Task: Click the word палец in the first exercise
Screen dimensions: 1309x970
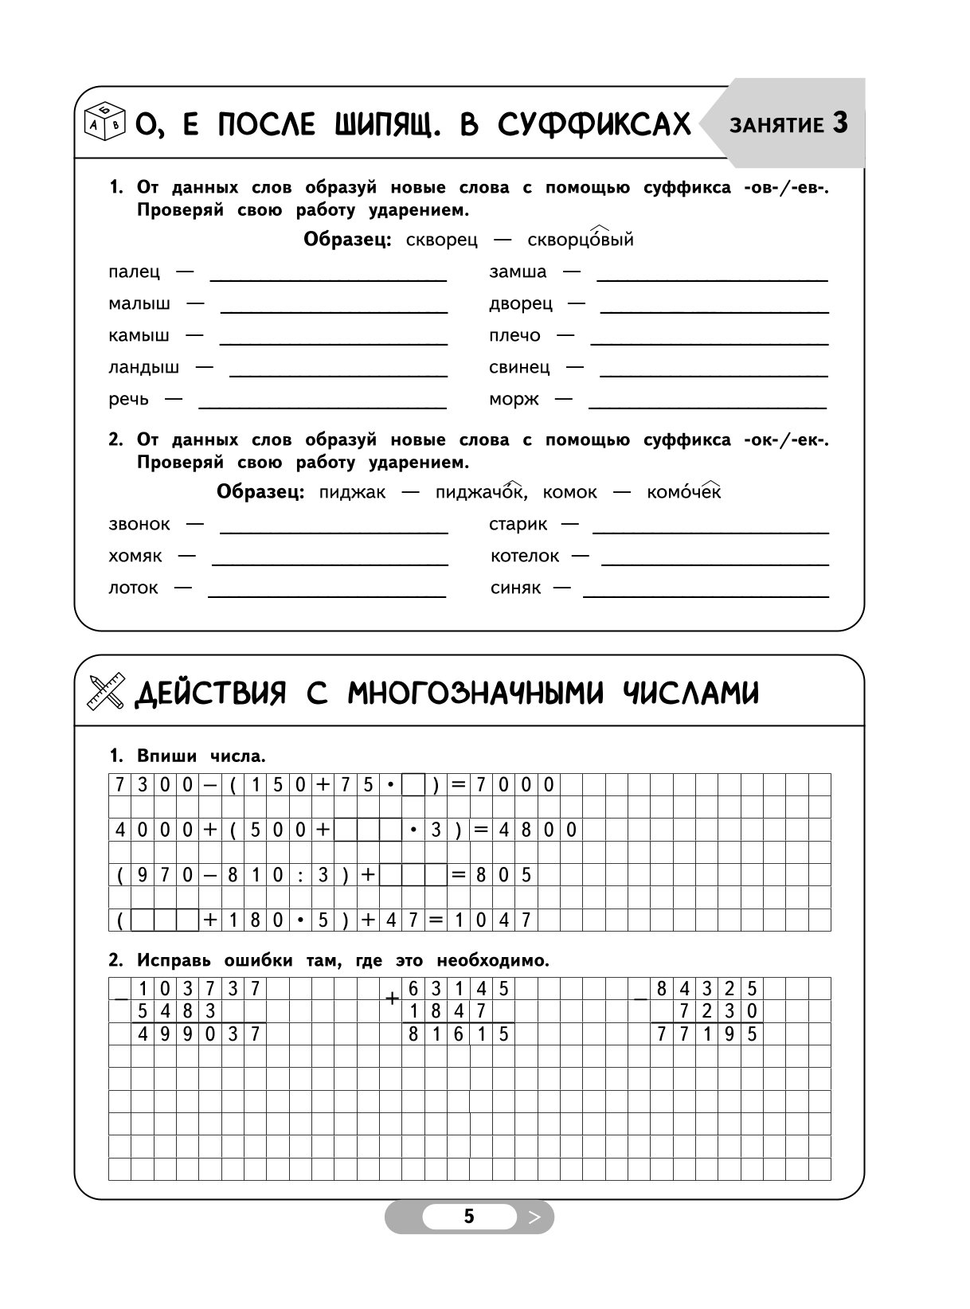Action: (134, 272)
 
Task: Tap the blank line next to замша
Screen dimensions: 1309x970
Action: (712, 279)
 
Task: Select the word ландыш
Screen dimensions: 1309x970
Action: (144, 368)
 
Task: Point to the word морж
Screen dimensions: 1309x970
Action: (514, 400)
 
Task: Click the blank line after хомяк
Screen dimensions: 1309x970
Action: (330, 563)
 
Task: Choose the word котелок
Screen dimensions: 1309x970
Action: (525, 557)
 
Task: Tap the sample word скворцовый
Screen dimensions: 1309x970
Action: (581, 240)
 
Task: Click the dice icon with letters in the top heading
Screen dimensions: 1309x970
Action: (104, 122)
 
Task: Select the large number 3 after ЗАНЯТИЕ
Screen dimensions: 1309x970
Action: (840, 123)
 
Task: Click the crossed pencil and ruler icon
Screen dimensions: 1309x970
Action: (106, 691)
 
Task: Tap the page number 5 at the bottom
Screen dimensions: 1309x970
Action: (469, 1217)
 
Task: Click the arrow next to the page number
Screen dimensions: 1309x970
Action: (534, 1217)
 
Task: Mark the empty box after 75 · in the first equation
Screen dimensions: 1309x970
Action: (413, 785)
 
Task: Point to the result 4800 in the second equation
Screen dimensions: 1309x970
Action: (538, 830)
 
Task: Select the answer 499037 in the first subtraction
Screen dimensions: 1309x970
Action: (199, 1034)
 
